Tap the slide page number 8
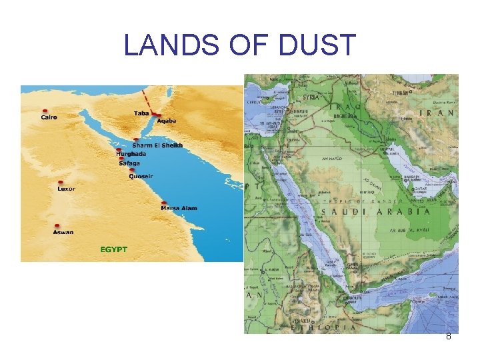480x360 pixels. (449, 337)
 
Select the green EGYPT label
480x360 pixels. (113, 249)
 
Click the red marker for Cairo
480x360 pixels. (45, 111)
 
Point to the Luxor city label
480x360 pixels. (66, 189)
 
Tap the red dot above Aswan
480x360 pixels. (58, 226)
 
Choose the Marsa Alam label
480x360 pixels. (179, 208)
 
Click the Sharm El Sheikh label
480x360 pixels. (157, 145)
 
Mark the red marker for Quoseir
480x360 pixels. (133, 171)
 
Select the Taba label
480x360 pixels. (141, 113)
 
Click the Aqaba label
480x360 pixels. (167, 121)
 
